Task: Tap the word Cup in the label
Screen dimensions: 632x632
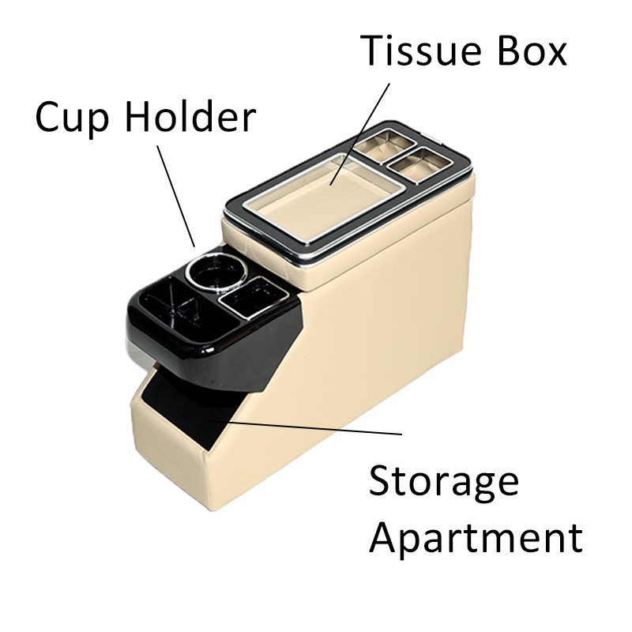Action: tap(72, 118)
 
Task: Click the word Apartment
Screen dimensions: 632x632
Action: tap(476, 538)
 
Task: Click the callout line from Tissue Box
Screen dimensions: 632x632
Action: tap(364, 126)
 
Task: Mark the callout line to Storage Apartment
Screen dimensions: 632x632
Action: tap(316, 427)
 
